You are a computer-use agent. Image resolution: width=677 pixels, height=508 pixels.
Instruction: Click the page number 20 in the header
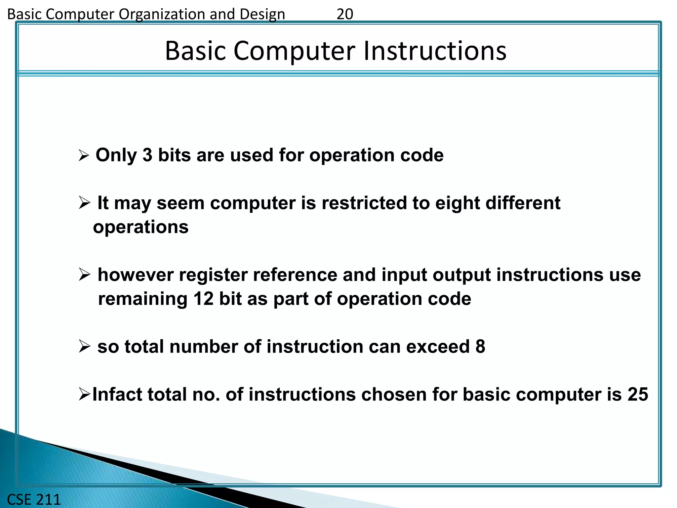[x=345, y=14]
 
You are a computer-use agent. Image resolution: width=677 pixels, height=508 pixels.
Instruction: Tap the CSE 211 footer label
[x=34, y=499]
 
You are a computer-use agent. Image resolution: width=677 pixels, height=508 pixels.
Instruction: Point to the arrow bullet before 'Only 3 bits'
[x=84, y=155]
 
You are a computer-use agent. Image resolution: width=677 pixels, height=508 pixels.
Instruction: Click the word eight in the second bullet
[x=457, y=203]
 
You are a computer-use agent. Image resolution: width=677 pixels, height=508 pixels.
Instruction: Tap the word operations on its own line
[x=141, y=227]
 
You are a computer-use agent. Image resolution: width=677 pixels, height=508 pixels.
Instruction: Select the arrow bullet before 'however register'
[x=85, y=275]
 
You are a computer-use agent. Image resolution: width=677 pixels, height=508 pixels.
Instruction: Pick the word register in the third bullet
[x=213, y=275]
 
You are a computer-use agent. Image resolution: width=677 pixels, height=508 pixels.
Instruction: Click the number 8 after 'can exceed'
[x=480, y=347]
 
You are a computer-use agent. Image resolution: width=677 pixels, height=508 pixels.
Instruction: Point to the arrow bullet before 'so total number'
[x=85, y=347]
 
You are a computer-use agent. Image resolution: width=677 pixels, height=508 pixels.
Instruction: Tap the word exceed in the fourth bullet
[x=438, y=347]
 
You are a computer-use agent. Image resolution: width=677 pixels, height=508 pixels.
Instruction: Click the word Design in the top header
[x=262, y=14]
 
